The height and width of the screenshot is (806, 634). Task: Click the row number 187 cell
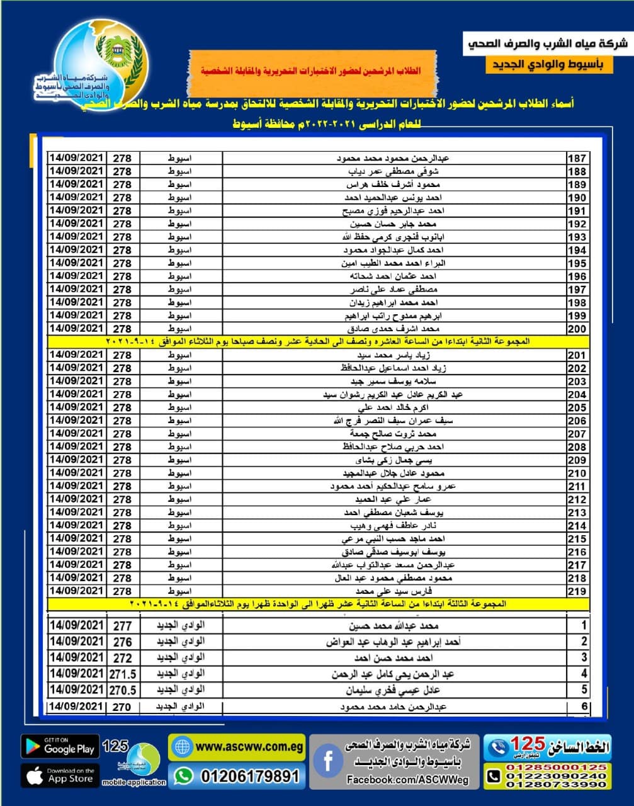pyautogui.click(x=577, y=159)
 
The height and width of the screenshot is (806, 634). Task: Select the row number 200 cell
pyautogui.click(x=577, y=329)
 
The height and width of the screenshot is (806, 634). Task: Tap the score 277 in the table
pyautogui.click(x=122, y=626)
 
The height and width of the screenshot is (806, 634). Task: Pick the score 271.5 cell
pyautogui.click(x=122, y=674)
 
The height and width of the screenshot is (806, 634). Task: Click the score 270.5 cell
pyautogui.click(x=122, y=690)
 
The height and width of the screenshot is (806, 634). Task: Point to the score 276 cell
pyautogui.click(x=122, y=642)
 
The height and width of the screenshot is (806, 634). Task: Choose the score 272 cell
pyautogui.click(x=122, y=658)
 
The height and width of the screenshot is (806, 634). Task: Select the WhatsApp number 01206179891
pyautogui.click(x=249, y=776)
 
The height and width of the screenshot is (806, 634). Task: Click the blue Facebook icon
pyautogui.click(x=328, y=761)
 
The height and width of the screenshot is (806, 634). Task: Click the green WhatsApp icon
pyautogui.click(x=183, y=776)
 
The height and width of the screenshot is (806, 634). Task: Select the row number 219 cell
pyautogui.click(x=577, y=591)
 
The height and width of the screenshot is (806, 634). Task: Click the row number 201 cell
pyautogui.click(x=577, y=355)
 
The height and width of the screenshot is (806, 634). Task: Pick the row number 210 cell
pyautogui.click(x=577, y=474)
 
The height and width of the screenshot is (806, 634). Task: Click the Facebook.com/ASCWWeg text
pyautogui.click(x=408, y=780)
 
